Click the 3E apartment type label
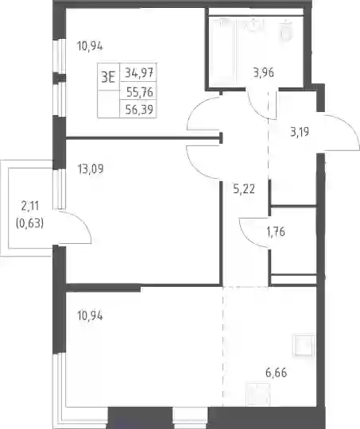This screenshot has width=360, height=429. tap(108, 76)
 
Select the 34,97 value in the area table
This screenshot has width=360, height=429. tap(139, 73)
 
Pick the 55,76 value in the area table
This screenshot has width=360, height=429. tap(140, 92)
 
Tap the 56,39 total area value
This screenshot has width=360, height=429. tap(139, 110)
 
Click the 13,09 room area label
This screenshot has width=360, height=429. tap(91, 169)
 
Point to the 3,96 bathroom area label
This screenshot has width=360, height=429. tap(264, 73)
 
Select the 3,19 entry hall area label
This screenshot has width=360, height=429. tap(300, 132)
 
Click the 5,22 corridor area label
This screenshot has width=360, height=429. tap(244, 189)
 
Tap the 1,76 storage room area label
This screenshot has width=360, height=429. tap(276, 231)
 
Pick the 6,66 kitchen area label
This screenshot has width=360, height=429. tap(277, 373)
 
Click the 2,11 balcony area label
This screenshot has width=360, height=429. tap(30, 206)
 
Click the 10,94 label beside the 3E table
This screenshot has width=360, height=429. tap(90, 46)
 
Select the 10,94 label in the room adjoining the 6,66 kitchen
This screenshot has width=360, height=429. tap(90, 315)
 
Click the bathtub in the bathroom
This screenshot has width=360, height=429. tap(222, 52)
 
